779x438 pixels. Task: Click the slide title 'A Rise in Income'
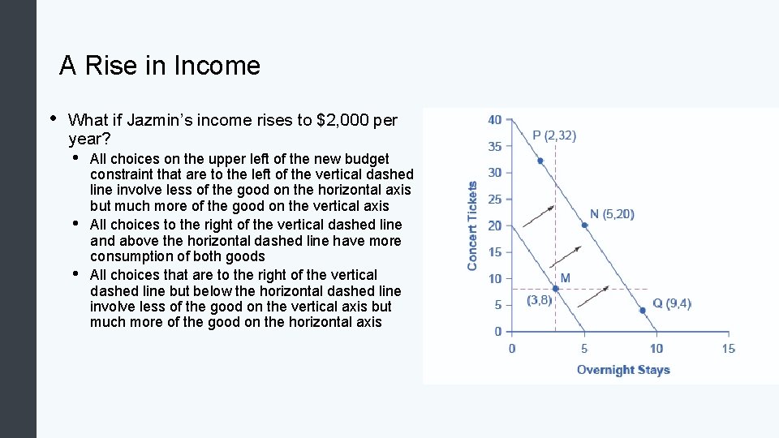tap(160, 66)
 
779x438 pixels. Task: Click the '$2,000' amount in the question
tap(339, 121)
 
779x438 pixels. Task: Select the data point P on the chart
tap(540, 161)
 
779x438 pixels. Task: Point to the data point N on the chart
tap(584, 225)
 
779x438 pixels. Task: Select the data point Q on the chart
tap(642, 309)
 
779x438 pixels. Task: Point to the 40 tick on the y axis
tap(494, 120)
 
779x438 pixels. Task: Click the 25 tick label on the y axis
tap(494, 200)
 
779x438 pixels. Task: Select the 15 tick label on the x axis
tap(728, 349)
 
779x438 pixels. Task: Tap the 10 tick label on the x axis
tap(656, 349)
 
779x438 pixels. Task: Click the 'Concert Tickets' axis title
tap(473, 225)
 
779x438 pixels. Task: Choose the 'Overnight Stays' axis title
tap(623, 370)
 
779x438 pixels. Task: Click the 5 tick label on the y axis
tap(497, 305)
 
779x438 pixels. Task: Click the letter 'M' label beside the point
tap(565, 278)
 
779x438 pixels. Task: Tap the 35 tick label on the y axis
tap(494, 147)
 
